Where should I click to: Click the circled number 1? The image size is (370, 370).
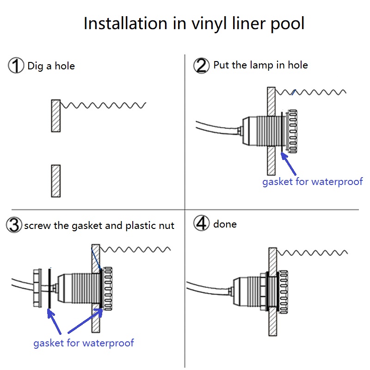coord(16,66)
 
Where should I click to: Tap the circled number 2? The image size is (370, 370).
coord(201,65)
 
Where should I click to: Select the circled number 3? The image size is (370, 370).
coord(14,225)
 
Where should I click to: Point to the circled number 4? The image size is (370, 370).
coord(201,224)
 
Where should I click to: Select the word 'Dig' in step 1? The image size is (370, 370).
coord(36,66)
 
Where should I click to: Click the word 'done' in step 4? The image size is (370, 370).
coord(225,224)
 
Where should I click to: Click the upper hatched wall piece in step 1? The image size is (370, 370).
coord(56,116)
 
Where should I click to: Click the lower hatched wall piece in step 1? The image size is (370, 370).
coord(56,181)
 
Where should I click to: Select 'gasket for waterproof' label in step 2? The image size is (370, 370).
coord(313,181)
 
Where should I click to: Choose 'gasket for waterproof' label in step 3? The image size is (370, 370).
coord(84,343)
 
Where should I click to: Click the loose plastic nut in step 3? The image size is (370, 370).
coord(37,287)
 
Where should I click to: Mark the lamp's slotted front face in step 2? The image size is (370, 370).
coord(292,130)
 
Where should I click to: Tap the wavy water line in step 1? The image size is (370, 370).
coord(104,105)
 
